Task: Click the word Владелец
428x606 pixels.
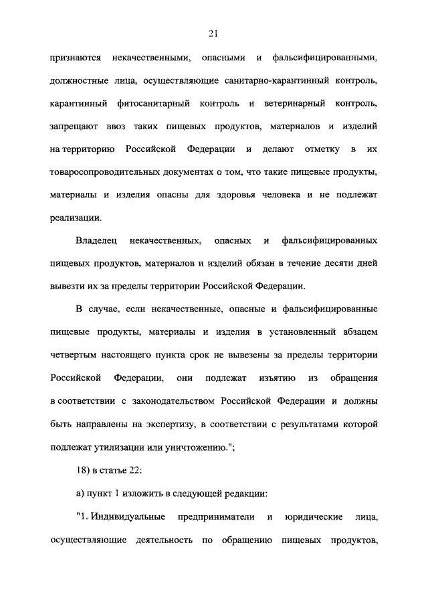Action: (95, 240)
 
